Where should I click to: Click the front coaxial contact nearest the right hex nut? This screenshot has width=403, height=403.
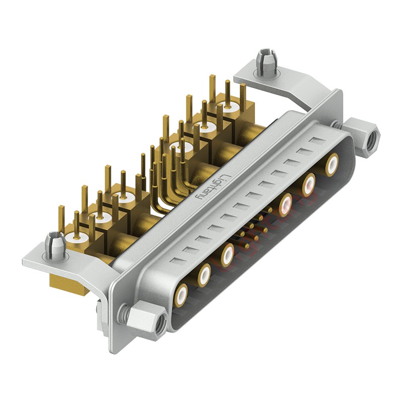(x=331, y=165)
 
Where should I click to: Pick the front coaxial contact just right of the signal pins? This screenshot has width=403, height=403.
(x=286, y=205)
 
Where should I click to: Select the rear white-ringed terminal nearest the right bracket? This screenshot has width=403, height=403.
(x=228, y=107)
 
